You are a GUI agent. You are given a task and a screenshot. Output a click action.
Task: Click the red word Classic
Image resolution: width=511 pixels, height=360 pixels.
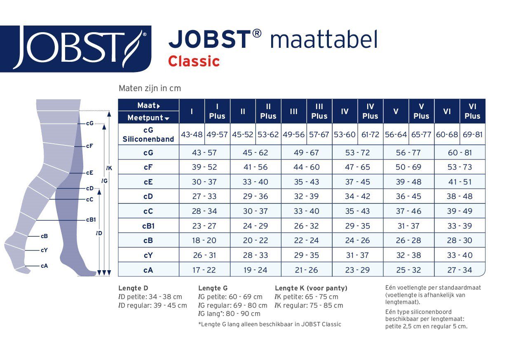(194, 61)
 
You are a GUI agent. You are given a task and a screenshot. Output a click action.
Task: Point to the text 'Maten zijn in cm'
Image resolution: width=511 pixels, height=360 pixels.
(150, 88)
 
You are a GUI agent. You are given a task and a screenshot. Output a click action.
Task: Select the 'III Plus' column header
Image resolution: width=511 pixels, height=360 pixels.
(319, 111)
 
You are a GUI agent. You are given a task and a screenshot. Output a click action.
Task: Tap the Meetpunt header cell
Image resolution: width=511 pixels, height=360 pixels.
(148, 118)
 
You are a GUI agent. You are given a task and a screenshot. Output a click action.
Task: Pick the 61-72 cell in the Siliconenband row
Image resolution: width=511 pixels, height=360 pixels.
(370, 135)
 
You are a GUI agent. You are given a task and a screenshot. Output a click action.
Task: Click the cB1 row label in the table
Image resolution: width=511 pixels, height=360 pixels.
(148, 226)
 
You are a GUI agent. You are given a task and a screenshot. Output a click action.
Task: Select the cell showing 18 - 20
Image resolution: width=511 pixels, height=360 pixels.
(204, 241)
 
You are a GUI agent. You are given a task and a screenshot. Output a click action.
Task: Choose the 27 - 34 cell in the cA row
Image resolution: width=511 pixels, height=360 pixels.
(459, 270)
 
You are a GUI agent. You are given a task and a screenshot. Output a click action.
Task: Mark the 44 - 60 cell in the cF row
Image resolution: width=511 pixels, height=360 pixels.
(306, 167)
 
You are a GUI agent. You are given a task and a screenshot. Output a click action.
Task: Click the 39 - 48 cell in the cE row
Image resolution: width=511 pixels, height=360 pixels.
(408, 182)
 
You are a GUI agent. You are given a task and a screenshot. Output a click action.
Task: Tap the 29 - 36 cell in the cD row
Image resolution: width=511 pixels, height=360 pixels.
(255, 196)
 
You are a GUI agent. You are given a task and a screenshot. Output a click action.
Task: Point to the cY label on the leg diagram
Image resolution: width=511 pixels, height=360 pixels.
(44, 250)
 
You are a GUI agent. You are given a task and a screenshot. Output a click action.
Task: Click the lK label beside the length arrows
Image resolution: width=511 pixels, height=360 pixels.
(109, 168)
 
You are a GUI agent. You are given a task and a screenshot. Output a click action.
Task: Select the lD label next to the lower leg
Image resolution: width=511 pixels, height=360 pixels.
(99, 233)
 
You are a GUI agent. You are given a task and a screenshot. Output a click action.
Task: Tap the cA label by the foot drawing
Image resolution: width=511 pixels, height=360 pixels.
(44, 266)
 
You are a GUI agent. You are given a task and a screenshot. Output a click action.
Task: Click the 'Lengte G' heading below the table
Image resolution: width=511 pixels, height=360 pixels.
(213, 288)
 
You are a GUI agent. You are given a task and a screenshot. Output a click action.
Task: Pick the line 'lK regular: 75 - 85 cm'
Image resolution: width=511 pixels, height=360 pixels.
(309, 306)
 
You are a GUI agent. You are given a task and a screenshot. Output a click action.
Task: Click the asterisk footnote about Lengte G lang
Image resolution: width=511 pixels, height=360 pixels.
(270, 324)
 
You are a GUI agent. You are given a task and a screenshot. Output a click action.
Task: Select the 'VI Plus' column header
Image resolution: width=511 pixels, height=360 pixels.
(472, 111)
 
